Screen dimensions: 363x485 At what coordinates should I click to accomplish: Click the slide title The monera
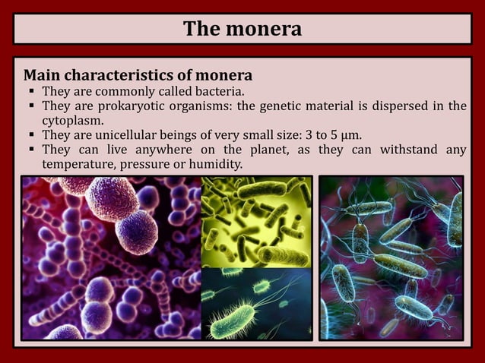click(x=242, y=29)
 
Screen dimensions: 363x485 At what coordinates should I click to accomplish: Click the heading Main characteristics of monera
click(x=138, y=76)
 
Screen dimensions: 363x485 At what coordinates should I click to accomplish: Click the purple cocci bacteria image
click(x=109, y=257)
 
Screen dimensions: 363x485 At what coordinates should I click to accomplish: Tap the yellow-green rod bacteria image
click(x=256, y=221)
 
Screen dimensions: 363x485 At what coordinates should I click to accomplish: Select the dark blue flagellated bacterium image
click(x=256, y=303)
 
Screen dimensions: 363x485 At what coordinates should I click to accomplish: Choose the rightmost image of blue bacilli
click(x=391, y=257)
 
